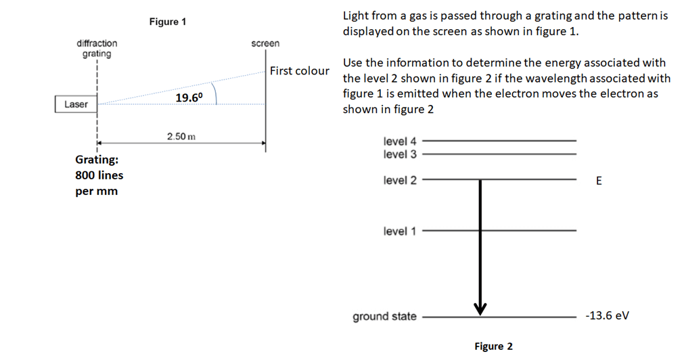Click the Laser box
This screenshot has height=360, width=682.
click(x=75, y=104)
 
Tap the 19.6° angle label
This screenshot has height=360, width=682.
click(x=189, y=98)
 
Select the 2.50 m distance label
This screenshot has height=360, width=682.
click(x=181, y=137)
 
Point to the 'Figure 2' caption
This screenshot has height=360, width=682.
click(x=493, y=346)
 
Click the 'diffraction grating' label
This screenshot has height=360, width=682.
click(x=97, y=48)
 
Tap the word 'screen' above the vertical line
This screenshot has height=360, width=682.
click(x=265, y=43)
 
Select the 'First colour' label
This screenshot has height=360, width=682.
click(x=300, y=71)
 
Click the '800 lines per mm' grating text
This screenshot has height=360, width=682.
click(x=99, y=176)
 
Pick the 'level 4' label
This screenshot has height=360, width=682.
click(x=400, y=141)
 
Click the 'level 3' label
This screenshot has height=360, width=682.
click(x=400, y=154)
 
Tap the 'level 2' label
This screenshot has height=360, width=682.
click(x=400, y=181)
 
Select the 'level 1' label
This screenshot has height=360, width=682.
click(x=400, y=231)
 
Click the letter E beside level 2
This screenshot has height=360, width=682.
click(x=598, y=181)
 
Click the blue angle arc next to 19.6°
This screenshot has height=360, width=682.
click(x=214, y=93)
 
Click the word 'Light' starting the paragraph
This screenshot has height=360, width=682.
click(x=356, y=16)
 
